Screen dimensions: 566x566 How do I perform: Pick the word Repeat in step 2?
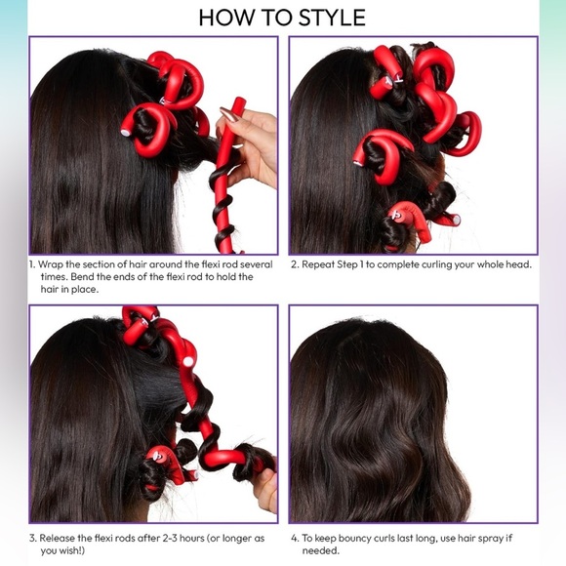point(323,264)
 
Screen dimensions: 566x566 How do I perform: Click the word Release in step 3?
point(60,538)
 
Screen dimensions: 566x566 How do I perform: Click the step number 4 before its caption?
point(293,538)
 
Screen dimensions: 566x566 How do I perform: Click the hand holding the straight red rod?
point(252,146)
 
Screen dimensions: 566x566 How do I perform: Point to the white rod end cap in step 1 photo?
point(127,130)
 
